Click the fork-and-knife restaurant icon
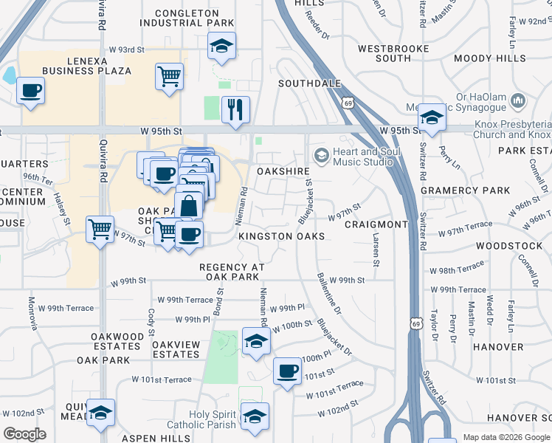[x=235, y=110]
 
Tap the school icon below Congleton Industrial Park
[x=221, y=47]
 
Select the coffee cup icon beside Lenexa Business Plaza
[x=31, y=92]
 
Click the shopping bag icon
[x=189, y=205]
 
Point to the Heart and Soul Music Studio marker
[x=321, y=155]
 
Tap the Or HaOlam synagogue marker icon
[x=517, y=100]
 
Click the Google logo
[x=25, y=434]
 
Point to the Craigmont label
[x=376, y=224]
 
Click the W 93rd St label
[x=126, y=49]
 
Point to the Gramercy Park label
[x=465, y=190]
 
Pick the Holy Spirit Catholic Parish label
[x=213, y=419]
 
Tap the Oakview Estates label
[x=176, y=349]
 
